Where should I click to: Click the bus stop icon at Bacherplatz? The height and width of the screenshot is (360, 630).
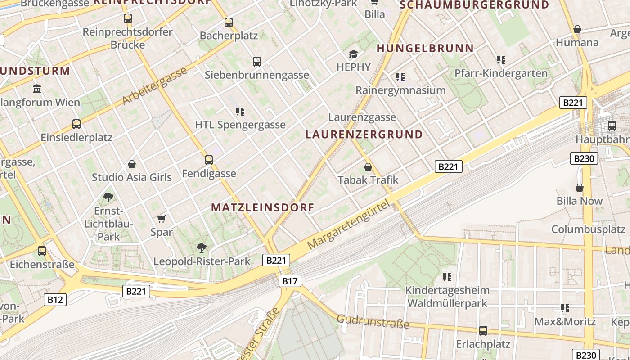(x=229, y=22)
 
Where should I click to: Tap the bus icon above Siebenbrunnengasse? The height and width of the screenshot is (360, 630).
(x=257, y=62)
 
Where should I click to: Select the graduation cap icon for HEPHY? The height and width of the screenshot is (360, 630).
(x=354, y=54)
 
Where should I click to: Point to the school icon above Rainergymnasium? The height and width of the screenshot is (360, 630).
(x=400, y=77)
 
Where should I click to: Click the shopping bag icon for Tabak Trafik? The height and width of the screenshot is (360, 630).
(x=368, y=167)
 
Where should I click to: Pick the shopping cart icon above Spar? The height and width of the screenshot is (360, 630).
(x=162, y=219)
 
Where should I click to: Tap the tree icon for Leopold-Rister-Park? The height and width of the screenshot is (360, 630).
(x=202, y=247)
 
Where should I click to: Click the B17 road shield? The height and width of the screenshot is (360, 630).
(x=290, y=281)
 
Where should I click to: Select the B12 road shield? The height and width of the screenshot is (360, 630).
(x=55, y=300)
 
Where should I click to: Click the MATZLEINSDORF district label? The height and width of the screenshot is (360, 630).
(x=262, y=207)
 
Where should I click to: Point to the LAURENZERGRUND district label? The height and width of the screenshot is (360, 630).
(x=364, y=135)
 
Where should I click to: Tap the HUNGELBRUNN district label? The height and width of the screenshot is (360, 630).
(x=425, y=48)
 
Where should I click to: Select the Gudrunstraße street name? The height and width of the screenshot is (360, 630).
(x=373, y=321)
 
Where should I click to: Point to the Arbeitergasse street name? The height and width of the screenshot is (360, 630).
(x=155, y=86)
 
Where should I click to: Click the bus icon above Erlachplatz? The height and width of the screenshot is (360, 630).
(x=483, y=331)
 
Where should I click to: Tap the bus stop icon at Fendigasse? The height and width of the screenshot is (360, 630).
(x=209, y=160)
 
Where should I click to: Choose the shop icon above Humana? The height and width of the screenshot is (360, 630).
(x=577, y=30)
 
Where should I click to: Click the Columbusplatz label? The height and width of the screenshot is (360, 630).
(x=589, y=229)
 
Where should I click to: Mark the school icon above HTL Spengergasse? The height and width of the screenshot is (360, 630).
(x=240, y=112)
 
